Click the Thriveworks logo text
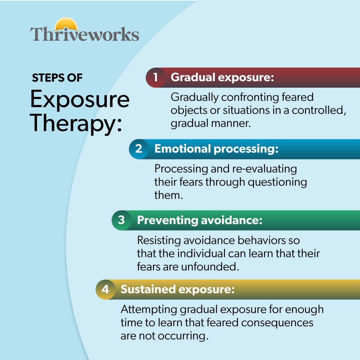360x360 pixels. click(85, 34)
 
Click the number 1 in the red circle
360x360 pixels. click(155, 77)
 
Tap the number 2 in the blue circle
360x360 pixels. click(139, 149)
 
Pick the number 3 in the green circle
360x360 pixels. click(121, 220)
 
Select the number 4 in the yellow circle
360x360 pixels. click(105, 289)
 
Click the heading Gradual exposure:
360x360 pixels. click(222, 77)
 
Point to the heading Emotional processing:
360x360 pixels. click(216, 149)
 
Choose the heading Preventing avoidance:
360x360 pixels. click(199, 220)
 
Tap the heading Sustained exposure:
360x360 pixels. click(177, 289)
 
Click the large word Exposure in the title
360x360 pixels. click(80, 99)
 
